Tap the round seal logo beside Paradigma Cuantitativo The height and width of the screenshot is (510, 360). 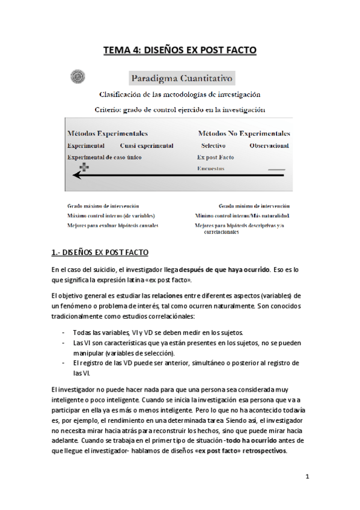point(77,76)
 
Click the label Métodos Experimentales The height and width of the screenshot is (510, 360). point(108,134)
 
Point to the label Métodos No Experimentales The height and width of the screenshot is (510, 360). point(243,134)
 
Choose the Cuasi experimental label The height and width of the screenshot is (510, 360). point(147,146)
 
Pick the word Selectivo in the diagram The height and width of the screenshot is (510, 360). point(213,146)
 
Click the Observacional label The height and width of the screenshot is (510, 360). point(269,146)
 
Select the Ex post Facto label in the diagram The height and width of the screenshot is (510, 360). point(215,157)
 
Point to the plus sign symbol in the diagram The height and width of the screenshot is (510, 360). point(84,167)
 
